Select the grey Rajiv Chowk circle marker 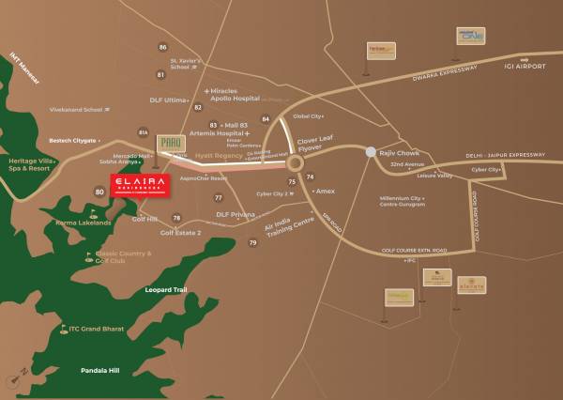coord(371,151)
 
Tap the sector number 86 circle coord(162,47)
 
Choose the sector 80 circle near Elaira coord(99,192)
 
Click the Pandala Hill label coord(99,371)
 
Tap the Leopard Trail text coord(166,290)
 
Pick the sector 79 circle coord(252,243)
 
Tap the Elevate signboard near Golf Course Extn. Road coord(471,284)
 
